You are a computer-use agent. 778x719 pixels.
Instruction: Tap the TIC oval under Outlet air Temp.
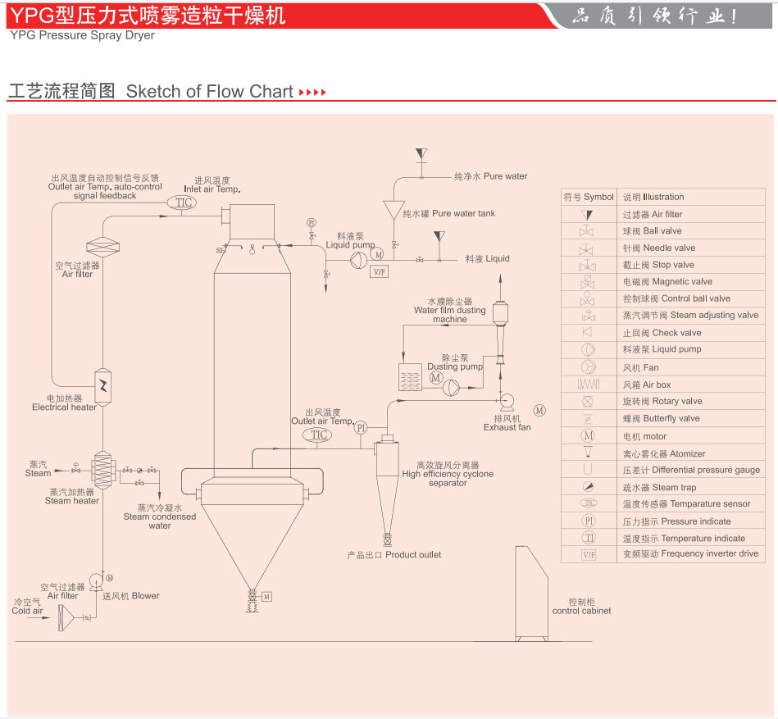[x=320, y=435]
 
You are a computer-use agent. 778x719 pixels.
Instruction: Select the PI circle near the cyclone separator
[x=361, y=427]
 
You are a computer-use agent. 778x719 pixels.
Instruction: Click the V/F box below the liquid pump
[x=379, y=271]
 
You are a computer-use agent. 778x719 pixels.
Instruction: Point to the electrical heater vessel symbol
[x=104, y=383]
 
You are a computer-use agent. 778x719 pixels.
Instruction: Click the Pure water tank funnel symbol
[x=394, y=211]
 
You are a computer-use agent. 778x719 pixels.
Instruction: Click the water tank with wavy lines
[x=410, y=377]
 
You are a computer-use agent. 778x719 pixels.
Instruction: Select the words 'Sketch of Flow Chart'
[x=209, y=91]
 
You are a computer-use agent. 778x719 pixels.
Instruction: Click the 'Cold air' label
[x=27, y=611]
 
